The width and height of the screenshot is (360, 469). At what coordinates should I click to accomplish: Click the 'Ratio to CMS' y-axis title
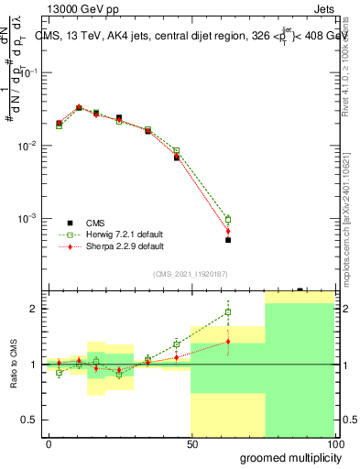click(x=13, y=365)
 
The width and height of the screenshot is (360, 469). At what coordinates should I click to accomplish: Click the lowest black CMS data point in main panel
click(x=228, y=240)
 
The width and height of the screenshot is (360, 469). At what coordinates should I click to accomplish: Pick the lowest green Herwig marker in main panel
click(x=228, y=220)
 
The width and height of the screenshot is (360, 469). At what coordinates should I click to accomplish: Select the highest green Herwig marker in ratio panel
click(x=228, y=312)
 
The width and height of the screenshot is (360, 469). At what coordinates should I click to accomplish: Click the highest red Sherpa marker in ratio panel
click(x=228, y=342)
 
